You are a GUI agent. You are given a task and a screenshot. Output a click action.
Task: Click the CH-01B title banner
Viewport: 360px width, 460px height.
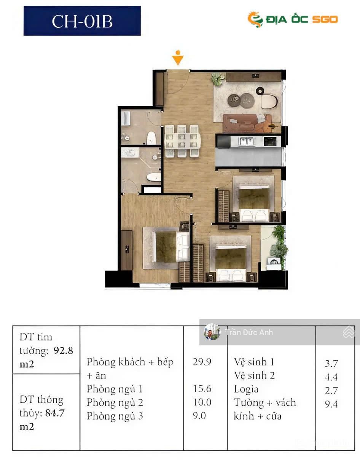[x=82, y=21]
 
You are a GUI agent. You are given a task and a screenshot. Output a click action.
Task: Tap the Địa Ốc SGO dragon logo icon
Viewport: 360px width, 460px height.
[x=255, y=19]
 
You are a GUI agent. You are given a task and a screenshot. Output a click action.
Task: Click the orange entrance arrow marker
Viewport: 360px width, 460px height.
[x=178, y=58]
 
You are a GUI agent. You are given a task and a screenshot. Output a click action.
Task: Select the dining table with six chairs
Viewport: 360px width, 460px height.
[x=182, y=141]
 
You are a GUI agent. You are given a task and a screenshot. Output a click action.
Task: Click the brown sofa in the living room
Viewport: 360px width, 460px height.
[x=247, y=123]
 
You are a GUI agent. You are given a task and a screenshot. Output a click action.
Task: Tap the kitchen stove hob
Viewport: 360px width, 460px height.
[x=270, y=141]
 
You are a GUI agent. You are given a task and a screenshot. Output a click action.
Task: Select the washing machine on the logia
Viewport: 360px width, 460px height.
[x=274, y=264]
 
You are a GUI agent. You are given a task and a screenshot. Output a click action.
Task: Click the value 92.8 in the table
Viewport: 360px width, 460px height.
[x=63, y=351]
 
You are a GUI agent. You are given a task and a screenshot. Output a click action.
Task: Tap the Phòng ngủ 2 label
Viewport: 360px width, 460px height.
[x=115, y=402]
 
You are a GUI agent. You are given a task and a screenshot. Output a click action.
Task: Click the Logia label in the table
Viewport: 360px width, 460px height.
[x=246, y=390]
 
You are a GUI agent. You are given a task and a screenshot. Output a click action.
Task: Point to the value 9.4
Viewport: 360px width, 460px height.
[x=331, y=404]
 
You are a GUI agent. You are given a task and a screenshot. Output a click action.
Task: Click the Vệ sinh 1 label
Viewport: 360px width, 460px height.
[x=254, y=362]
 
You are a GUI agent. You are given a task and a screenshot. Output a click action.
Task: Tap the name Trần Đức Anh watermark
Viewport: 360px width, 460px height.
[x=249, y=332]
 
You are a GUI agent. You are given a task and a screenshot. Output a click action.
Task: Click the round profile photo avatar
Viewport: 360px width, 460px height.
[x=212, y=332]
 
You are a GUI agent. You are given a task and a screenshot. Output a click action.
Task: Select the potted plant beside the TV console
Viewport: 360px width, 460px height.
[x=218, y=79]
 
